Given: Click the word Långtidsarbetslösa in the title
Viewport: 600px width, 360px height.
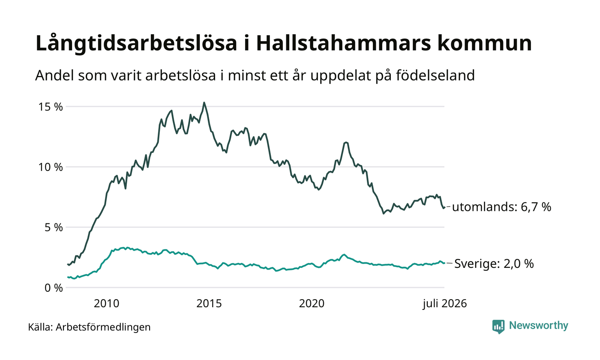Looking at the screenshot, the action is coord(136,43).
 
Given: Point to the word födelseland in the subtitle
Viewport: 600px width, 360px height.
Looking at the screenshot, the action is coord(435,75).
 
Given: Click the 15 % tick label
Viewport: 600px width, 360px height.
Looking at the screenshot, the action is coord(51,107).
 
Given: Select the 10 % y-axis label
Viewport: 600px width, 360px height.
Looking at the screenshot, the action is coord(51,168).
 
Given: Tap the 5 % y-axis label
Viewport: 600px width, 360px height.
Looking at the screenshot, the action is coord(54,228).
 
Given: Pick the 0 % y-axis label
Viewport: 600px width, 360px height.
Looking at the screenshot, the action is coord(54,288).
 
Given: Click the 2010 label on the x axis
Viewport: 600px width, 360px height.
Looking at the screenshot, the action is coord(106,303).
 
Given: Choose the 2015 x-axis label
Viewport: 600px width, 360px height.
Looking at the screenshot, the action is coord(209,303).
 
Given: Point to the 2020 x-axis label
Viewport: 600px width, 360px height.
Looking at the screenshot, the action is coord(312,303).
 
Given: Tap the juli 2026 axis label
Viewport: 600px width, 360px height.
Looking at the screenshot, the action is coord(445,303).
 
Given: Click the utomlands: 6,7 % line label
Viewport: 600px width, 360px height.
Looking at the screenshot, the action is coord(502,207).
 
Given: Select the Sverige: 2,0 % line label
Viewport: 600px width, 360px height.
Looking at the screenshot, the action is coord(494,264).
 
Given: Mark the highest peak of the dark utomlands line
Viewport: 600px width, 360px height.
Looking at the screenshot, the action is coord(204,102).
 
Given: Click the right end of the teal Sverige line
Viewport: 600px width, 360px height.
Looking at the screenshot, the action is coord(445,263).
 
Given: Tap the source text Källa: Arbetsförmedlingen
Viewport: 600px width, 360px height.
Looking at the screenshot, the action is coord(90,327).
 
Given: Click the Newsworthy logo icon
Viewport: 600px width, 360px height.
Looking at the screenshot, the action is coord(498,327).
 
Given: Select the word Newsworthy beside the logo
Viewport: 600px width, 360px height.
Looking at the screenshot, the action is coord(538,325).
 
